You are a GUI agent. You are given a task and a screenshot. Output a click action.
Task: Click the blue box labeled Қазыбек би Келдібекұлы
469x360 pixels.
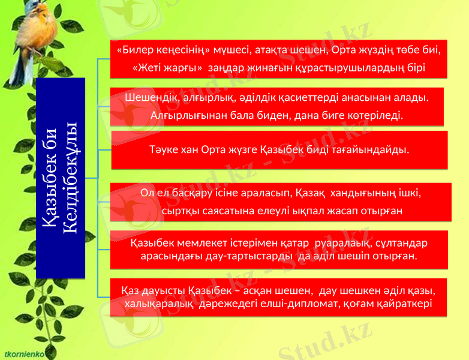pos(61,178)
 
